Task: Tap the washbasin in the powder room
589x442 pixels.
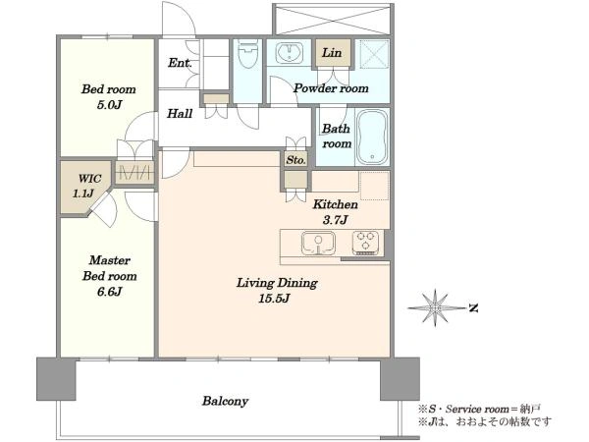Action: coord(290,53)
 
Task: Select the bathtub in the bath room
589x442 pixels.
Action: coord(371,137)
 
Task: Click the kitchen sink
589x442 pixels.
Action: coord(318,243)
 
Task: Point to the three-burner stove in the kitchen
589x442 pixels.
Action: coord(366,243)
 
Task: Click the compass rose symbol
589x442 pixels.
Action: coord(435,307)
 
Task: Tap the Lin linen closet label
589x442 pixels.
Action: coord(332,53)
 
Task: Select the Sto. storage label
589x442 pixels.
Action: coord(296,160)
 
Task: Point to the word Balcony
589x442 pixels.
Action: coord(226,401)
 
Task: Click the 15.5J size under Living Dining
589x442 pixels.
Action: coord(275,299)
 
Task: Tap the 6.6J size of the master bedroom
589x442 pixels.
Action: coord(109,292)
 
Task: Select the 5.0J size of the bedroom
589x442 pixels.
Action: coord(109,105)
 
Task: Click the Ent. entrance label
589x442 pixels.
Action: coord(180,63)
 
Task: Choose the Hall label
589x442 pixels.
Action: coord(180,113)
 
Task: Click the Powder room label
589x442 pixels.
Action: coord(331,88)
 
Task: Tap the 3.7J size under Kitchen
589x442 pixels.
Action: coord(335,220)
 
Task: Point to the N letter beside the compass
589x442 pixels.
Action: coord(474,309)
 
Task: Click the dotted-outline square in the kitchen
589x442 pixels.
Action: coord(375,186)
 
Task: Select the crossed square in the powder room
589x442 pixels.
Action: coord(374,54)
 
